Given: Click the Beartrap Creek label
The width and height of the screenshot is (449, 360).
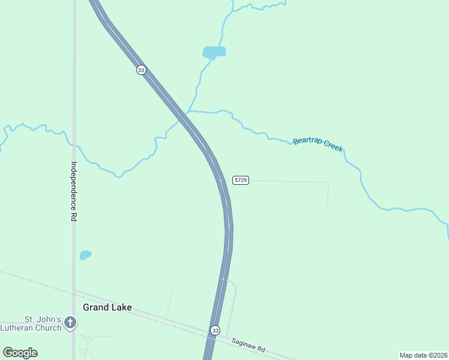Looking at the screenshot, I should pyautogui.click(x=318, y=144).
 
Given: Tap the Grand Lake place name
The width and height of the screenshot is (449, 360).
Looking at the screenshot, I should pyautogui.click(x=107, y=307).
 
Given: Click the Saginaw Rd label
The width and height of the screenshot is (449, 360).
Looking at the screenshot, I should pyautogui.click(x=248, y=347).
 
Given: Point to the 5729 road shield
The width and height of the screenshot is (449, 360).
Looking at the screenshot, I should pyautogui.click(x=241, y=180).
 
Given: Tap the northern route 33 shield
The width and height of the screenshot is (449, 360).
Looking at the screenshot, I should pyautogui.click(x=141, y=70).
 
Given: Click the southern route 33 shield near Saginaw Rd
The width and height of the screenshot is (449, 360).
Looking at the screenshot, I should pyautogui.click(x=215, y=331).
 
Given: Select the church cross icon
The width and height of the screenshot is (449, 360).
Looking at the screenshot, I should pyautogui.click(x=70, y=323).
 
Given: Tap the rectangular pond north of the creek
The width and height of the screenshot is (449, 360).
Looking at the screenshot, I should pyautogui.click(x=214, y=52).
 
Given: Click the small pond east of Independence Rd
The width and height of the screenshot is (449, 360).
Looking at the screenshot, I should pyautogui.click(x=85, y=255).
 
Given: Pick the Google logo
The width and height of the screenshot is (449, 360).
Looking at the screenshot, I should pyautogui.click(x=20, y=352).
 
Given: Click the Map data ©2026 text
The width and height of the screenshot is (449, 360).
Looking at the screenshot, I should pyautogui.click(x=423, y=355).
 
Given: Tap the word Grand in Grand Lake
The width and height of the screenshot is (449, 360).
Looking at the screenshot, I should pyautogui.click(x=96, y=307).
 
